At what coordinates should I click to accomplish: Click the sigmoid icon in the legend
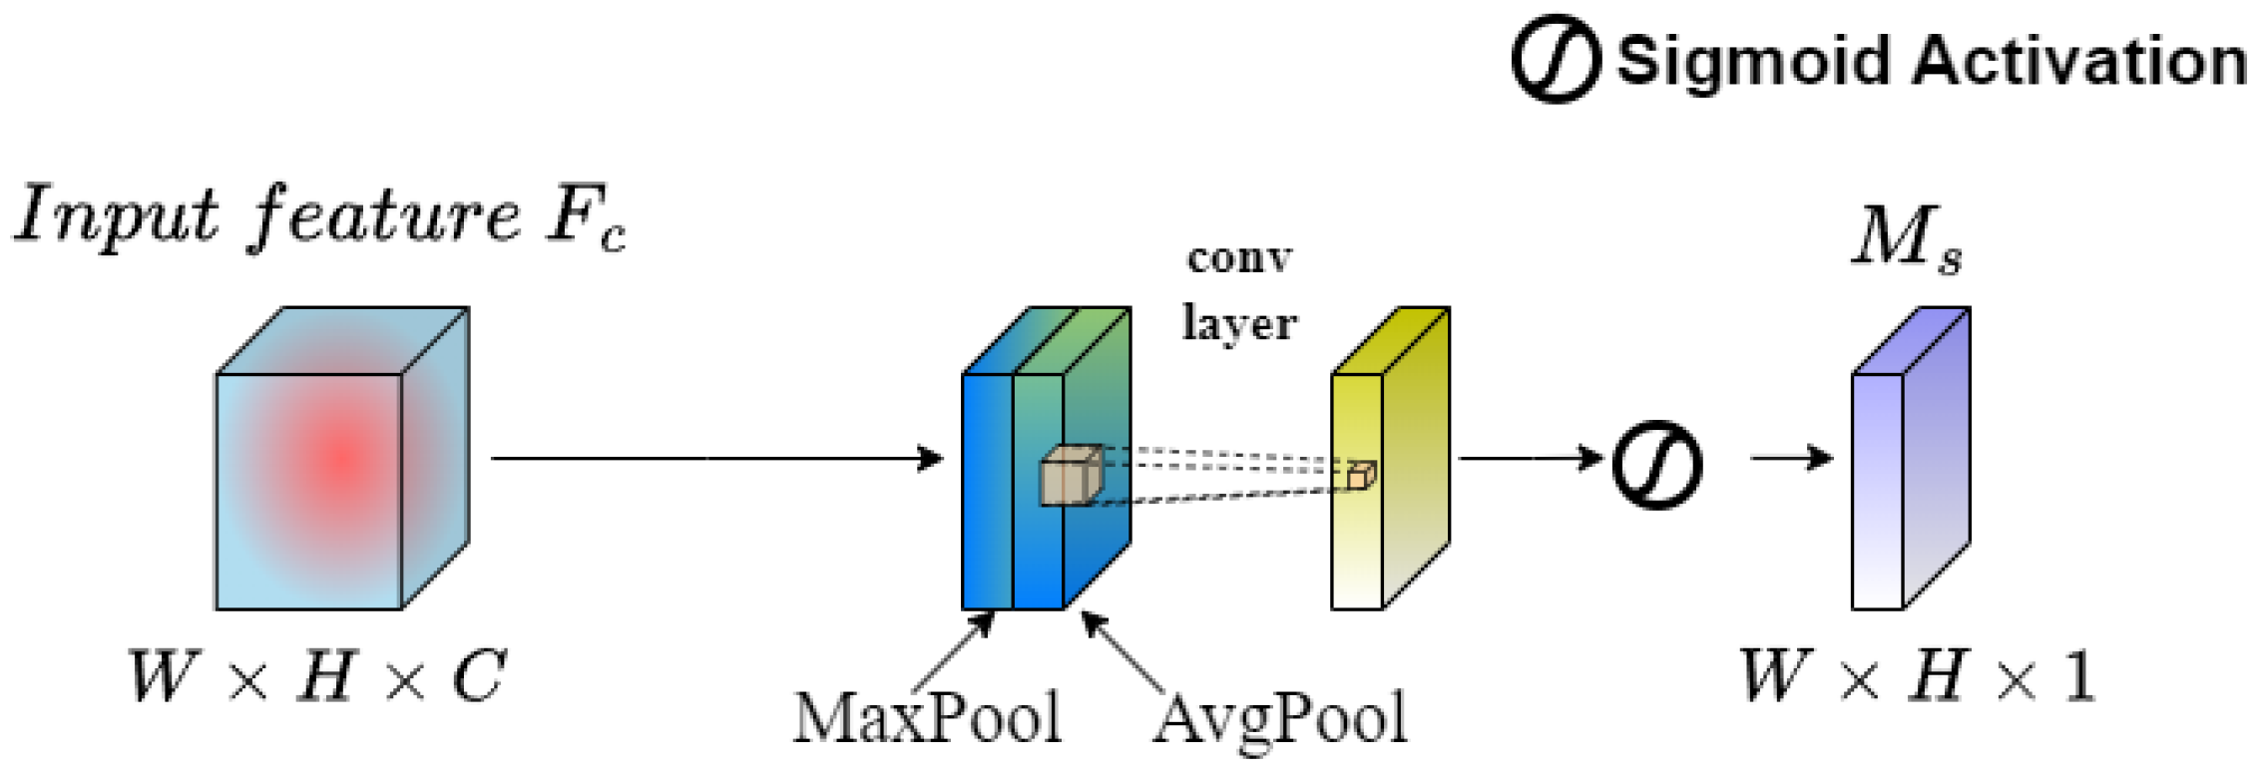tap(1556, 59)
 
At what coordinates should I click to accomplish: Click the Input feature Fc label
tap(319, 216)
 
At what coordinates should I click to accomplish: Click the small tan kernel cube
tap(1071, 476)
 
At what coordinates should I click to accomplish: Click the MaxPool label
tap(927, 718)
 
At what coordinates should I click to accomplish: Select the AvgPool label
tap(1280, 718)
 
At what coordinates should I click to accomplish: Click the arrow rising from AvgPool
tap(1122, 650)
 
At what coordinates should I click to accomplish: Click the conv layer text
tap(1239, 291)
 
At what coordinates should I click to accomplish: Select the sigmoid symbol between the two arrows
tap(1657, 465)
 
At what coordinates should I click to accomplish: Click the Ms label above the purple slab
tap(1907, 239)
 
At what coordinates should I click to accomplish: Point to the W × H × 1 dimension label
tap(1917, 677)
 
